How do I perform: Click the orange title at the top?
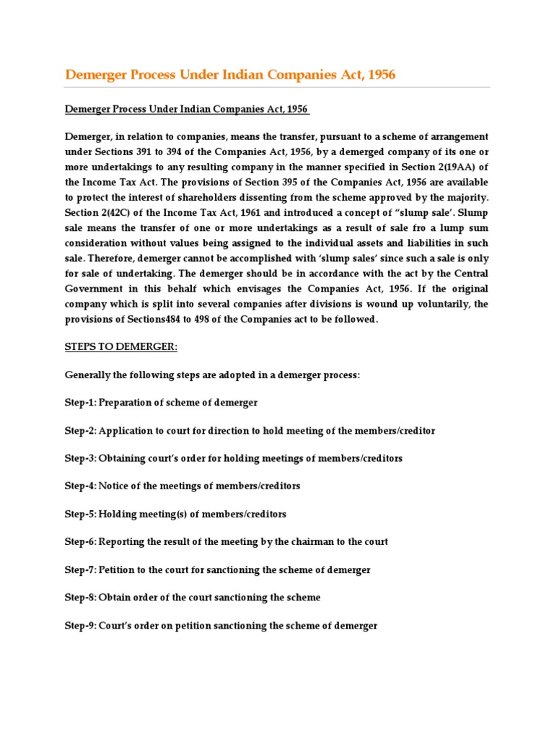(x=230, y=75)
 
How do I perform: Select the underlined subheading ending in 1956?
(x=187, y=109)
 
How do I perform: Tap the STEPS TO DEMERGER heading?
(x=120, y=347)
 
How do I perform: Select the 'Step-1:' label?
(x=81, y=403)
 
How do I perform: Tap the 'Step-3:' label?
(x=81, y=458)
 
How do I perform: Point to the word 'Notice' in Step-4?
(x=114, y=486)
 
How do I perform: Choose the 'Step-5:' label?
(x=81, y=514)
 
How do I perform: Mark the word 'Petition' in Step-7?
(x=119, y=570)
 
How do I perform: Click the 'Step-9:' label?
(x=81, y=626)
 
